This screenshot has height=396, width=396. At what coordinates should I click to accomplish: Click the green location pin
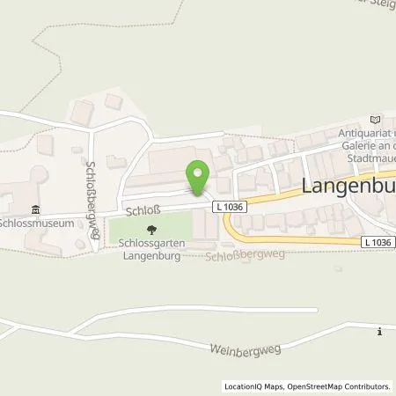tap(198, 174)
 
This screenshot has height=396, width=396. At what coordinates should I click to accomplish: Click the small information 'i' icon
tap(379, 332)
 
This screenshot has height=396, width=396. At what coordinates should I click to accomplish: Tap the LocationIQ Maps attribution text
tap(254, 385)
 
